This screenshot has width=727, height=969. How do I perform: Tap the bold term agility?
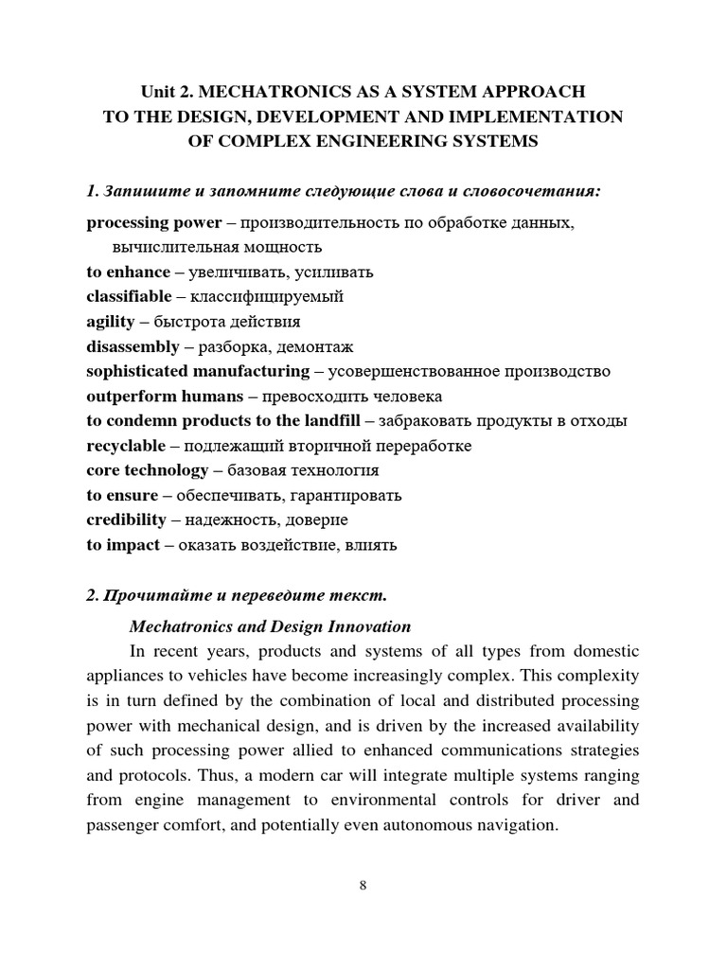110,322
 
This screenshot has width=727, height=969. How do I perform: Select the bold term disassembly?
133,346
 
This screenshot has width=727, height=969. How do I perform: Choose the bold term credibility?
126,520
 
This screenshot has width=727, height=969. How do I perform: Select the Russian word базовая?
254,470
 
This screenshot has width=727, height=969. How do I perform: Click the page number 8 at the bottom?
363,886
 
